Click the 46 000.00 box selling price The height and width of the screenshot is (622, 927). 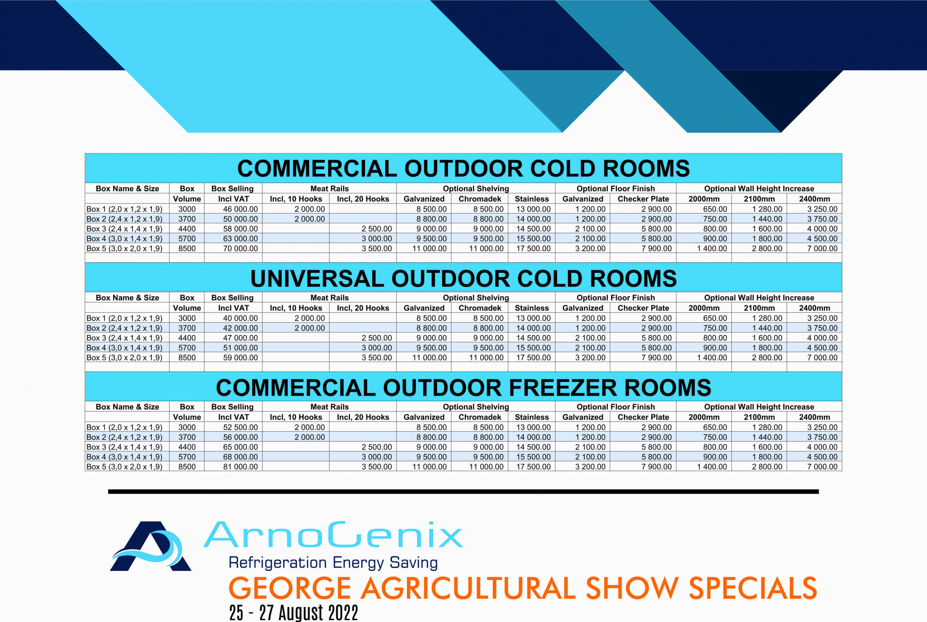click(240, 209)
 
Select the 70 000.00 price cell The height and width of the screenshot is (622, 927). click(240, 248)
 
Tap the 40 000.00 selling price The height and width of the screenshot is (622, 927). click(240, 318)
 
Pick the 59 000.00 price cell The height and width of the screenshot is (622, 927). click(240, 357)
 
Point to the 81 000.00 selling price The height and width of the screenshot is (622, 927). click(240, 466)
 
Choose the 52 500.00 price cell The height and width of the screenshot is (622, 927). click(240, 427)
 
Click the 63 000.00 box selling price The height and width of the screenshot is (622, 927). click(240, 238)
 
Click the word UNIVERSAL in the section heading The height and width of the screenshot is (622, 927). click(317, 279)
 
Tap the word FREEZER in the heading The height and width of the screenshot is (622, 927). click(563, 388)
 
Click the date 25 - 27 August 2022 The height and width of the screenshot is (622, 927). click(294, 612)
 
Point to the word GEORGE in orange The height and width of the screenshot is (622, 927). click(290, 588)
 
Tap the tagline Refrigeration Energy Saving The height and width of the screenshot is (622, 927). click(333, 563)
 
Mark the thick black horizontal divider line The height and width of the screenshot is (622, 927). click(463, 492)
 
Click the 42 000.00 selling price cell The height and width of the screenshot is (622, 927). click(240, 328)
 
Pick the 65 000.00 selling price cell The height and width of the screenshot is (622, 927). click(240, 447)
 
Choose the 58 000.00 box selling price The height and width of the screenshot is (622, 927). click(240, 229)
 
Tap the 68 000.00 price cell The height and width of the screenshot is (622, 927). click(240, 457)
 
